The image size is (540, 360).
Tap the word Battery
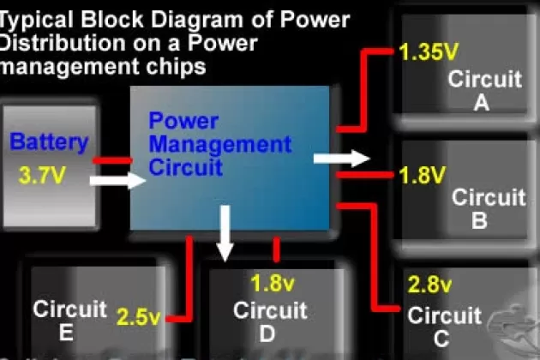[x=49, y=142]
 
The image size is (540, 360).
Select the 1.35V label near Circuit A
[x=428, y=53]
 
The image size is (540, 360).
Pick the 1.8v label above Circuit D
[x=274, y=281]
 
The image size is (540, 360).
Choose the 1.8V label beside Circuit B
[x=423, y=177]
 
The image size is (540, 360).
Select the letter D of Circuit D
[x=267, y=333]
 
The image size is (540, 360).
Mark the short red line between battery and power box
[x=111, y=160]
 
